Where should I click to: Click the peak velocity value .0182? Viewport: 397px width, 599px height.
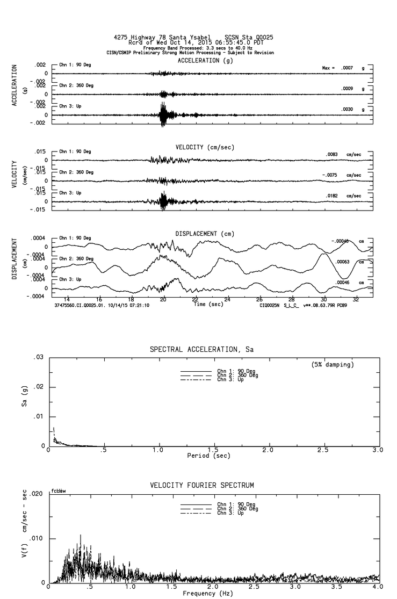click(x=334, y=196)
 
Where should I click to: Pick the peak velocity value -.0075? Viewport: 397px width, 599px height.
click(x=333, y=175)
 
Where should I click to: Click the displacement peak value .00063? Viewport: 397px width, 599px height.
click(x=342, y=262)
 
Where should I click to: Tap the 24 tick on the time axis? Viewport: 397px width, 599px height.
click(x=227, y=299)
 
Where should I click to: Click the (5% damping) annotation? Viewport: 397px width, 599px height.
click(x=332, y=365)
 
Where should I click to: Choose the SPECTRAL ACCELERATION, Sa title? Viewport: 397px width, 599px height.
click(x=201, y=350)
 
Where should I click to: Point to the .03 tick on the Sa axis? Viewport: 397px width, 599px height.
click(x=38, y=358)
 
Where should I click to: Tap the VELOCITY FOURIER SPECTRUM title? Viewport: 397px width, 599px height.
click(x=202, y=486)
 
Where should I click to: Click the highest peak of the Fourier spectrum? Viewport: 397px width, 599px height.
click(x=81, y=535)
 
